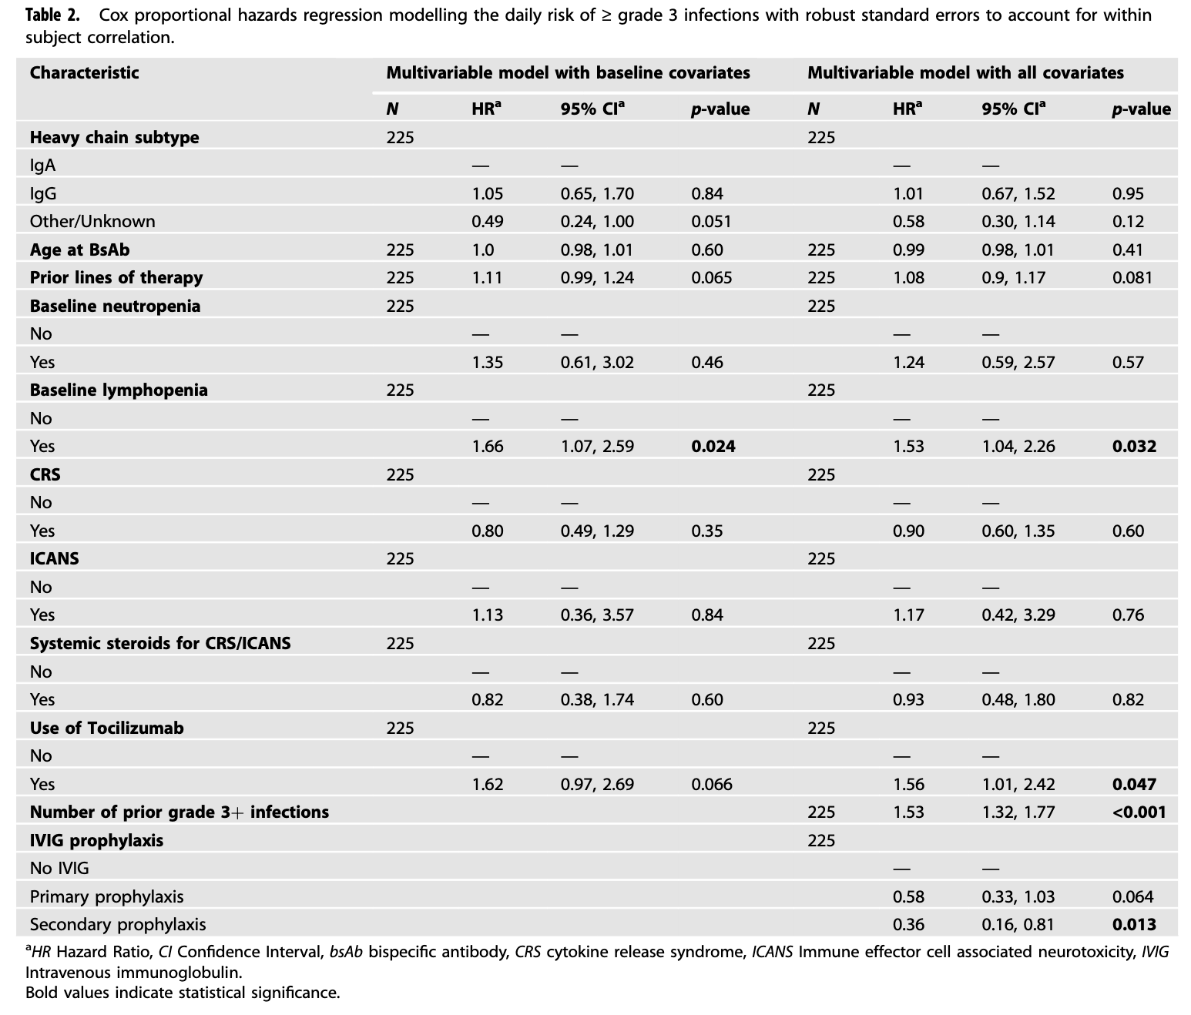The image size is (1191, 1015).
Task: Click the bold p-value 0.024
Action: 713,447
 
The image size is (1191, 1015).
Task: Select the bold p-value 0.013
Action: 1134,925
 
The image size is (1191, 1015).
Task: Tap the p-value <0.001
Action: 1139,812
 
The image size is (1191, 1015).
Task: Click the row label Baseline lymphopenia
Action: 119,390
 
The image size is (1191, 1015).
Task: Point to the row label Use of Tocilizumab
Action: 106,728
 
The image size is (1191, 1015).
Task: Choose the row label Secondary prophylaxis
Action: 118,925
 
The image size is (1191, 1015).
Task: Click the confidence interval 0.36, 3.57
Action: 597,615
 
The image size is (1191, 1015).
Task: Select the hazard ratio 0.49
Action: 488,222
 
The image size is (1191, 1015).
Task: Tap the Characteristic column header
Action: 84,73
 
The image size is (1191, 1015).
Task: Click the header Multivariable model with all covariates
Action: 966,73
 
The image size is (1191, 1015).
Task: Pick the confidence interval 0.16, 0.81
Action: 1018,925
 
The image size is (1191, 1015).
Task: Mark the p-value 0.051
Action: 711,222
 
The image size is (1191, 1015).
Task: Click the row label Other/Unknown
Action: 92,222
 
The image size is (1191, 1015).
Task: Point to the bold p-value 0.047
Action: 1134,785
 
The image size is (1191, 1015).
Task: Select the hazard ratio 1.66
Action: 488,447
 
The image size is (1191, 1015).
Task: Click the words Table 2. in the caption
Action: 52,15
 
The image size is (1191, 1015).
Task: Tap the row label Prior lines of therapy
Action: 116,278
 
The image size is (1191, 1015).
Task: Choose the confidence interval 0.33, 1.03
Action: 1018,897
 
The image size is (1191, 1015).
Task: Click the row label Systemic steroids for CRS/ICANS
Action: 160,644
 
